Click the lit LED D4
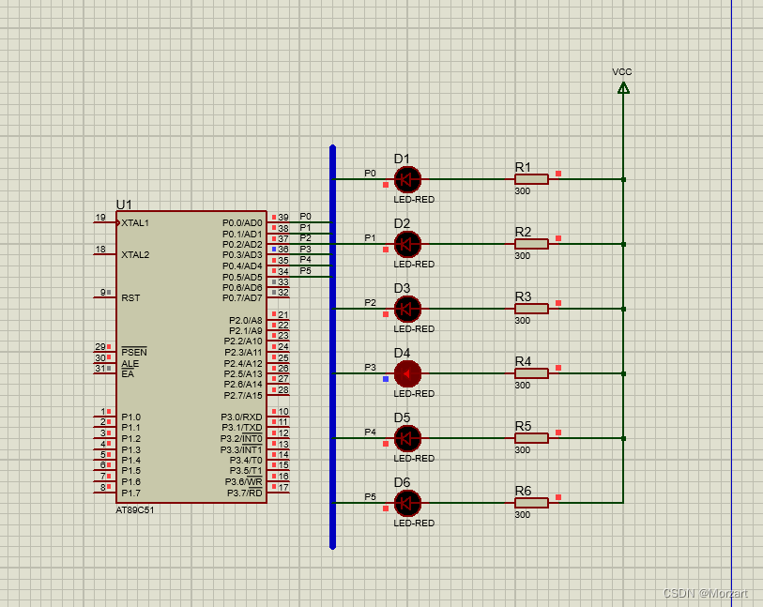(x=407, y=373)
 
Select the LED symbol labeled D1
(x=407, y=179)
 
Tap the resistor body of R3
(x=531, y=309)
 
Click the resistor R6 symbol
(x=531, y=503)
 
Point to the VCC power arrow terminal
(x=623, y=88)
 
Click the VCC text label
(x=622, y=72)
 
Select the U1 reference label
(x=124, y=205)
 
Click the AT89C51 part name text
(x=135, y=510)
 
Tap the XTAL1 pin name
(x=135, y=223)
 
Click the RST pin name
(x=130, y=297)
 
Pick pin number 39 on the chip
(x=283, y=218)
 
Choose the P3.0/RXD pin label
(x=241, y=417)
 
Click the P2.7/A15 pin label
(x=243, y=395)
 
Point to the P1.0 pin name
(x=130, y=417)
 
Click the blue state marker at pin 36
(x=274, y=249)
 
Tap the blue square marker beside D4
(x=386, y=379)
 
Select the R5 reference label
(x=523, y=426)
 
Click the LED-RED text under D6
(x=414, y=524)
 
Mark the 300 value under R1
(x=523, y=191)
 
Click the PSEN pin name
(x=134, y=352)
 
